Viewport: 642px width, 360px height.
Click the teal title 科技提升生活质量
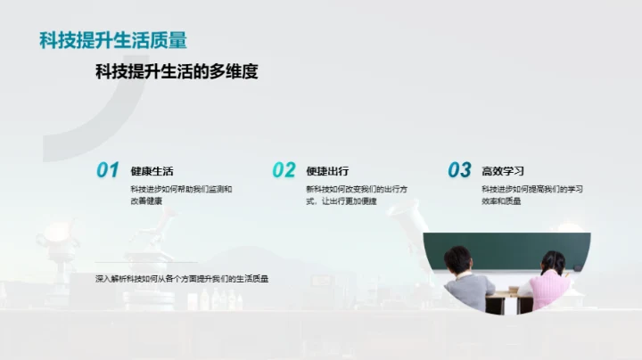(x=113, y=40)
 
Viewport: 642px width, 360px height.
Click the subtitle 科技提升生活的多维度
(x=177, y=72)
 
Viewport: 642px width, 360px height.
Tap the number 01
(x=107, y=170)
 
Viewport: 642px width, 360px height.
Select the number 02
(x=284, y=170)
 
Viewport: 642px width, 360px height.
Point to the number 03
(x=459, y=170)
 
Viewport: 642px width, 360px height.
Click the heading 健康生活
(x=152, y=171)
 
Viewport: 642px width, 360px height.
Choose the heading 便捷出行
(x=326, y=171)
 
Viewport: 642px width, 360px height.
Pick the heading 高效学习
(x=503, y=171)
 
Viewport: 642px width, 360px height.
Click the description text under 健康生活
(x=181, y=195)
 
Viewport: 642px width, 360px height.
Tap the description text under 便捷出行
(x=357, y=195)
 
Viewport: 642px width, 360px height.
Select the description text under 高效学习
(x=532, y=195)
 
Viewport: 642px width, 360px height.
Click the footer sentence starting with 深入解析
(x=182, y=279)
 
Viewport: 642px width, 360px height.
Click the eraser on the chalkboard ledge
(x=578, y=268)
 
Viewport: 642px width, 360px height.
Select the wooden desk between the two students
(x=508, y=296)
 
